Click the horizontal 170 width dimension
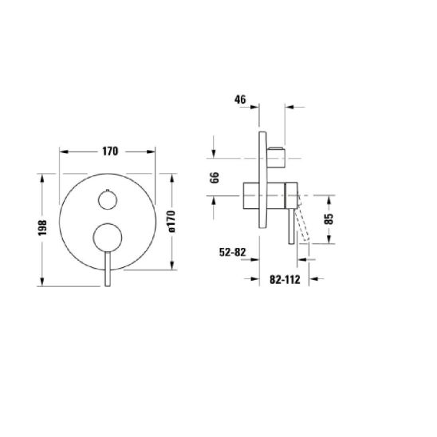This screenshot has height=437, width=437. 110,152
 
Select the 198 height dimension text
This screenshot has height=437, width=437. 42,227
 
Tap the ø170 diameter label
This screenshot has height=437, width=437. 171,221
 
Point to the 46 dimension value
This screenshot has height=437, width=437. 240,100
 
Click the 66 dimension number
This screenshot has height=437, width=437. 215,177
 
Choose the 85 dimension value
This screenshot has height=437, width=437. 329,218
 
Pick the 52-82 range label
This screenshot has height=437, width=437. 233,252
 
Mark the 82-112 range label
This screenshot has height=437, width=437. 285,279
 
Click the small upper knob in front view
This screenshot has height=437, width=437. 108,199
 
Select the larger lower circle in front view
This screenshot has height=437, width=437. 108,238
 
